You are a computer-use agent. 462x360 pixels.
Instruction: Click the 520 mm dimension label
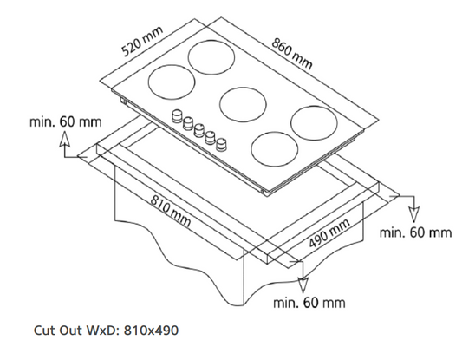142,42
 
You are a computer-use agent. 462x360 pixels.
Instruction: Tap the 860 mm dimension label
292,54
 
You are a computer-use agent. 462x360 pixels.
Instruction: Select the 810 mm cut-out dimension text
170,211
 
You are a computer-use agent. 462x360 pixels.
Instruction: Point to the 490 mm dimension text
329,233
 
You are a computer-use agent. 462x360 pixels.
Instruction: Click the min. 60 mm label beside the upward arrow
65,121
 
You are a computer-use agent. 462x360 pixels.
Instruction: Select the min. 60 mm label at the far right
415,232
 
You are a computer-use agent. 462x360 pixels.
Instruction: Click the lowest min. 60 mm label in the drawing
309,303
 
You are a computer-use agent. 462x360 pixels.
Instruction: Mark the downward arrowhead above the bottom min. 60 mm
303,285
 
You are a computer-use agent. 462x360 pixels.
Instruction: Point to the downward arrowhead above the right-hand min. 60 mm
414,214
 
